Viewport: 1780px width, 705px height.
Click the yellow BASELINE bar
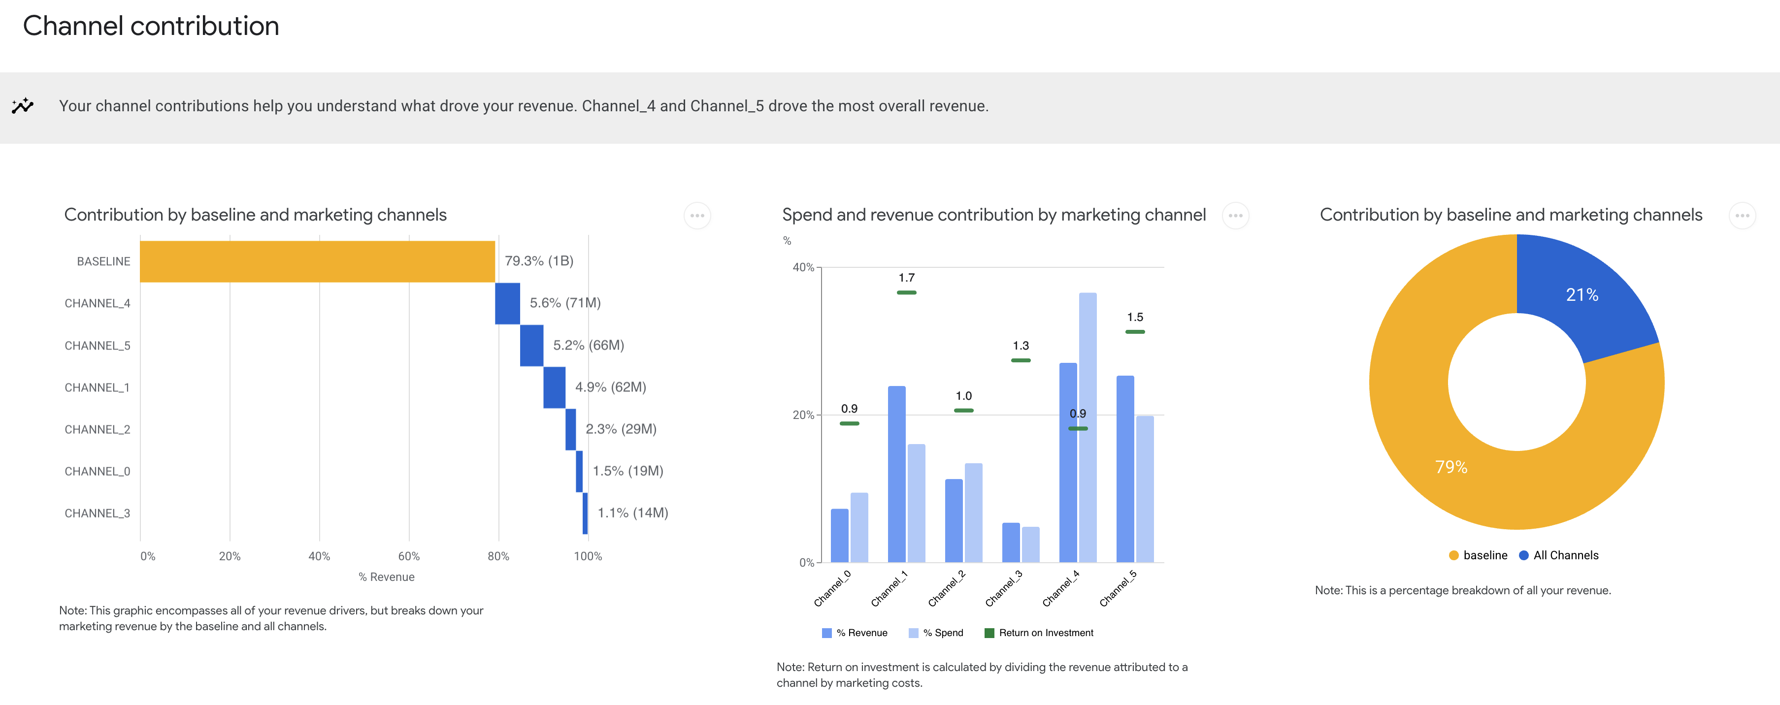tap(317, 261)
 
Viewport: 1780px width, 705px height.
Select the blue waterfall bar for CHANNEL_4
tap(507, 303)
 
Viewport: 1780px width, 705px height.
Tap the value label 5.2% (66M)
tap(588, 345)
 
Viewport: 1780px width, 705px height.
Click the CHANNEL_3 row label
tap(98, 513)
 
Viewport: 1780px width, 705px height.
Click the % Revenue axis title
tap(386, 577)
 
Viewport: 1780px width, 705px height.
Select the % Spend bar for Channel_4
tap(1088, 428)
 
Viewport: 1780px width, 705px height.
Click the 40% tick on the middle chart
tap(803, 267)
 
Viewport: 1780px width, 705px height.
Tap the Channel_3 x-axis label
tap(1004, 588)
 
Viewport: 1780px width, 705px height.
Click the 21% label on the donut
tap(1582, 295)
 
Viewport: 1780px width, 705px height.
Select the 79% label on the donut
tap(1451, 467)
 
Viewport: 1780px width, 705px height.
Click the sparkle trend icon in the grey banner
tap(22, 106)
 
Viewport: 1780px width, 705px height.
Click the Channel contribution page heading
tap(151, 26)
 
